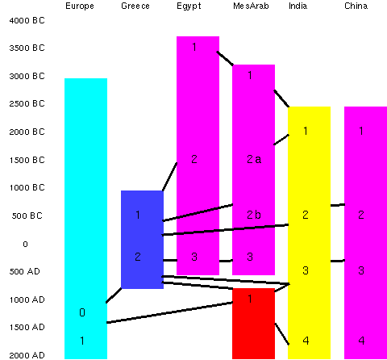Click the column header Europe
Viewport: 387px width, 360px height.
(80, 6)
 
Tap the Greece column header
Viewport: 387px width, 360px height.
(135, 6)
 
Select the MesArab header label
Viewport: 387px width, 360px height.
(251, 6)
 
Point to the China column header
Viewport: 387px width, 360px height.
(356, 6)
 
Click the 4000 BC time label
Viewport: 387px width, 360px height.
(27, 20)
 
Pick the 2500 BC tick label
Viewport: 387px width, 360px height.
(27, 103)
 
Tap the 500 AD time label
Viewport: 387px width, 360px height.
(25, 271)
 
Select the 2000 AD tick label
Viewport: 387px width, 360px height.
(27, 355)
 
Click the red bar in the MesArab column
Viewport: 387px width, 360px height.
(253, 324)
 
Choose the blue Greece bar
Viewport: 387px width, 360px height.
(142, 240)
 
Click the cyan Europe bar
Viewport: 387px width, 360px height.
(85, 219)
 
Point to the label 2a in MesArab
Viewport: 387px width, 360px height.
(254, 159)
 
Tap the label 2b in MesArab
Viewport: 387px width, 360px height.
(254, 215)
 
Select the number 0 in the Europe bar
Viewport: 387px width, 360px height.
(82, 312)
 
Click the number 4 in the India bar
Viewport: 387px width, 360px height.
(306, 341)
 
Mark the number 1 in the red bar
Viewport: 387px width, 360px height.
(250, 299)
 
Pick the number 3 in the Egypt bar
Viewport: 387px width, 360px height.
(194, 257)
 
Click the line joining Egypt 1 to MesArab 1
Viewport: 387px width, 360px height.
(225, 58)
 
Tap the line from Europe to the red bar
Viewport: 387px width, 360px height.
(169, 312)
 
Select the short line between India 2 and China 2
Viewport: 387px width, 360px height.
(338, 205)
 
